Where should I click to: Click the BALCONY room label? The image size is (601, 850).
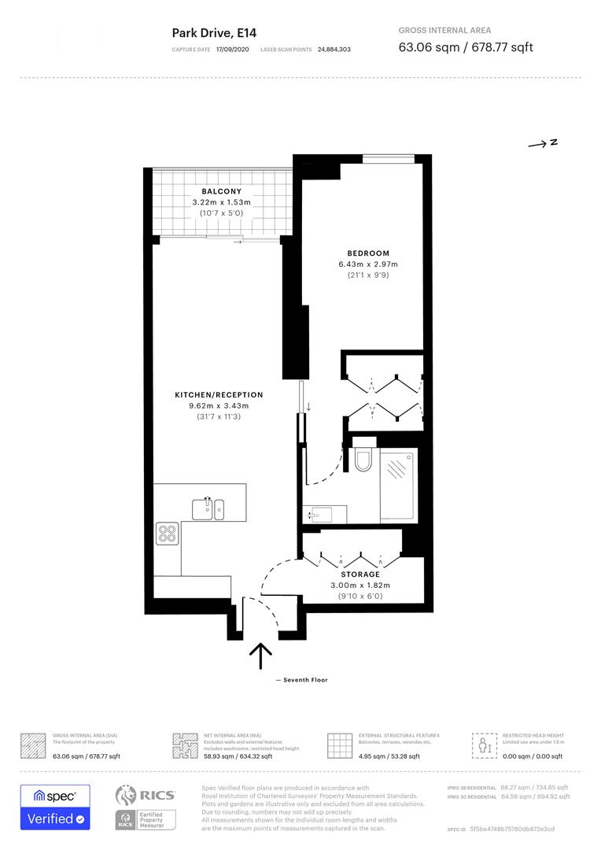coord(221,191)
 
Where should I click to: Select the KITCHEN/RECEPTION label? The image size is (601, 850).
coord(219,394)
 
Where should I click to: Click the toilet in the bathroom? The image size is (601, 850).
coord(362,458)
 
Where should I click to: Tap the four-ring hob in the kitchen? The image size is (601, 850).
coord(167,534)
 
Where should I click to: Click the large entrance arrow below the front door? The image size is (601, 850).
coord(260,655)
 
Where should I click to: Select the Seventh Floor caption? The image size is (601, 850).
coord(302,680)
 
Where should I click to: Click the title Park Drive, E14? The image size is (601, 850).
coord(214,33)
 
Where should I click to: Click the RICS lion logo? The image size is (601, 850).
coord(128,796)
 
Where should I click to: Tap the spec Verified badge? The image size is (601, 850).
coord(55,807)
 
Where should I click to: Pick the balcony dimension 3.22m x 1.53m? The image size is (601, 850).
coord(221,202)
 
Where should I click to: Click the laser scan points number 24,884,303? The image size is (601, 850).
coord(334,50)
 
